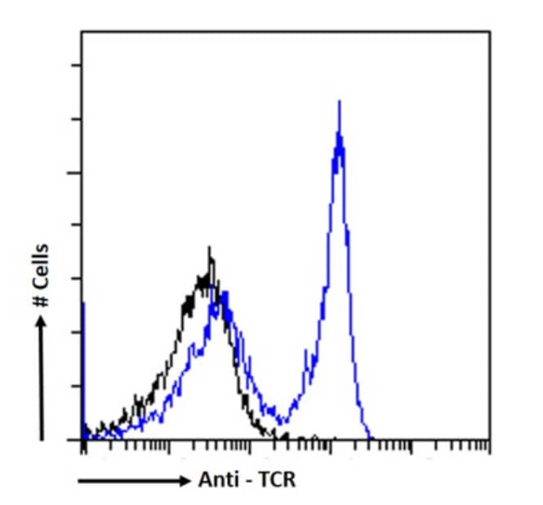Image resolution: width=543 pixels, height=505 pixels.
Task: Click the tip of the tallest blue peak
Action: coord(339,101)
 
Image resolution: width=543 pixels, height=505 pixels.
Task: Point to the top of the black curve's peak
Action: coord(210,247)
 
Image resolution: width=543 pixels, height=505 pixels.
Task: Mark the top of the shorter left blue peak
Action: coord(222,291)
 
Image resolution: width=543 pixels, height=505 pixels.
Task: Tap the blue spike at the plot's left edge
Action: coord(83,303)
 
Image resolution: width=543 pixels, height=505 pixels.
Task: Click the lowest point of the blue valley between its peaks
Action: coord(282,423)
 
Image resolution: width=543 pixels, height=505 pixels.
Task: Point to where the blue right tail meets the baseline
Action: coord(370,438)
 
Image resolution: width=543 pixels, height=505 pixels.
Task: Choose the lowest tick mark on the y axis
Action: coord(77,386)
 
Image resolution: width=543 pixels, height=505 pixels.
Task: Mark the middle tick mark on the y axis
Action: coord(77,226)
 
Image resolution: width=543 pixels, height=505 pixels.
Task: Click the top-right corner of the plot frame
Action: coord(490,32)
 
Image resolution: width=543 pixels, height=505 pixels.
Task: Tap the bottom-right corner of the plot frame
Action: coord(490,440)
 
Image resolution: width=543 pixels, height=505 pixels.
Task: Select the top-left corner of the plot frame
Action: coord(81,32)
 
